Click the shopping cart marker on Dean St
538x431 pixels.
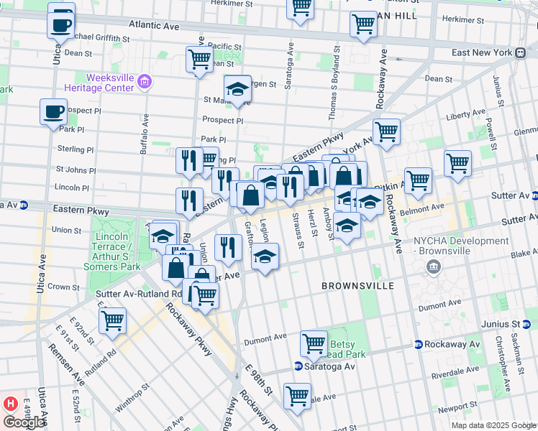[x=199, y=60]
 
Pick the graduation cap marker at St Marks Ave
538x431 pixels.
[x=237, y=89]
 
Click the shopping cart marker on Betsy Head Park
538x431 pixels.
[x=314, y=344]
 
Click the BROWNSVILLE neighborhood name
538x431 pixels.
[x=357, y=285]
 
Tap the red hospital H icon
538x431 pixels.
[x=10, y=404]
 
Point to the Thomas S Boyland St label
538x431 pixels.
[x=334, y=87]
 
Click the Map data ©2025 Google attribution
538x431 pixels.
[x=493, y=425]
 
